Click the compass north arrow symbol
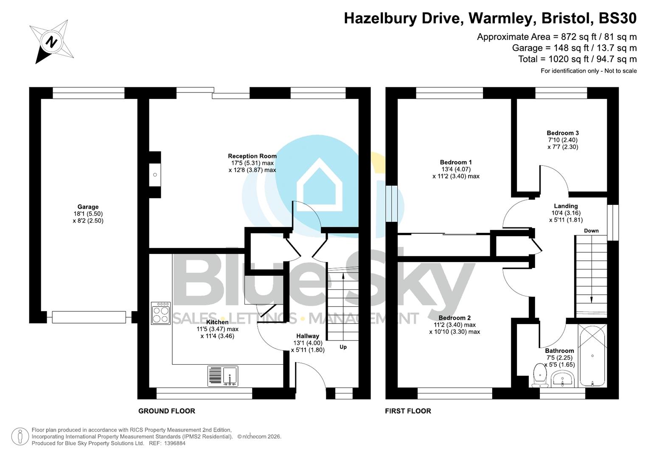click(x=51, y=42)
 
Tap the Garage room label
click(x=88, y=207)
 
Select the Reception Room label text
click(x=252, y=156)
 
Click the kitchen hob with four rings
click(x=161, y=313)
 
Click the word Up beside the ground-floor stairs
click(x=343, y=347)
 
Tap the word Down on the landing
click(x=591, y=231)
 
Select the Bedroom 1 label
click(x=456, y=162)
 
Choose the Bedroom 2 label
click(x=454, y=318)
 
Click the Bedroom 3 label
click(x=563, y=133)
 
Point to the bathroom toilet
click(x=540, y=376)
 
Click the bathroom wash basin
click(x=562, y=378)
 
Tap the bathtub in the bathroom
click(x=592, y=356)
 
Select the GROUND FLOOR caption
click(x=167, y=411)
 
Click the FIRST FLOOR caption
click(x=408, y=411)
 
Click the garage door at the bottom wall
click(x=89, y=317)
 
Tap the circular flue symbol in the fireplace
click(x=155, y=175)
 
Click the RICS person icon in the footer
click(x=20, y=436)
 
